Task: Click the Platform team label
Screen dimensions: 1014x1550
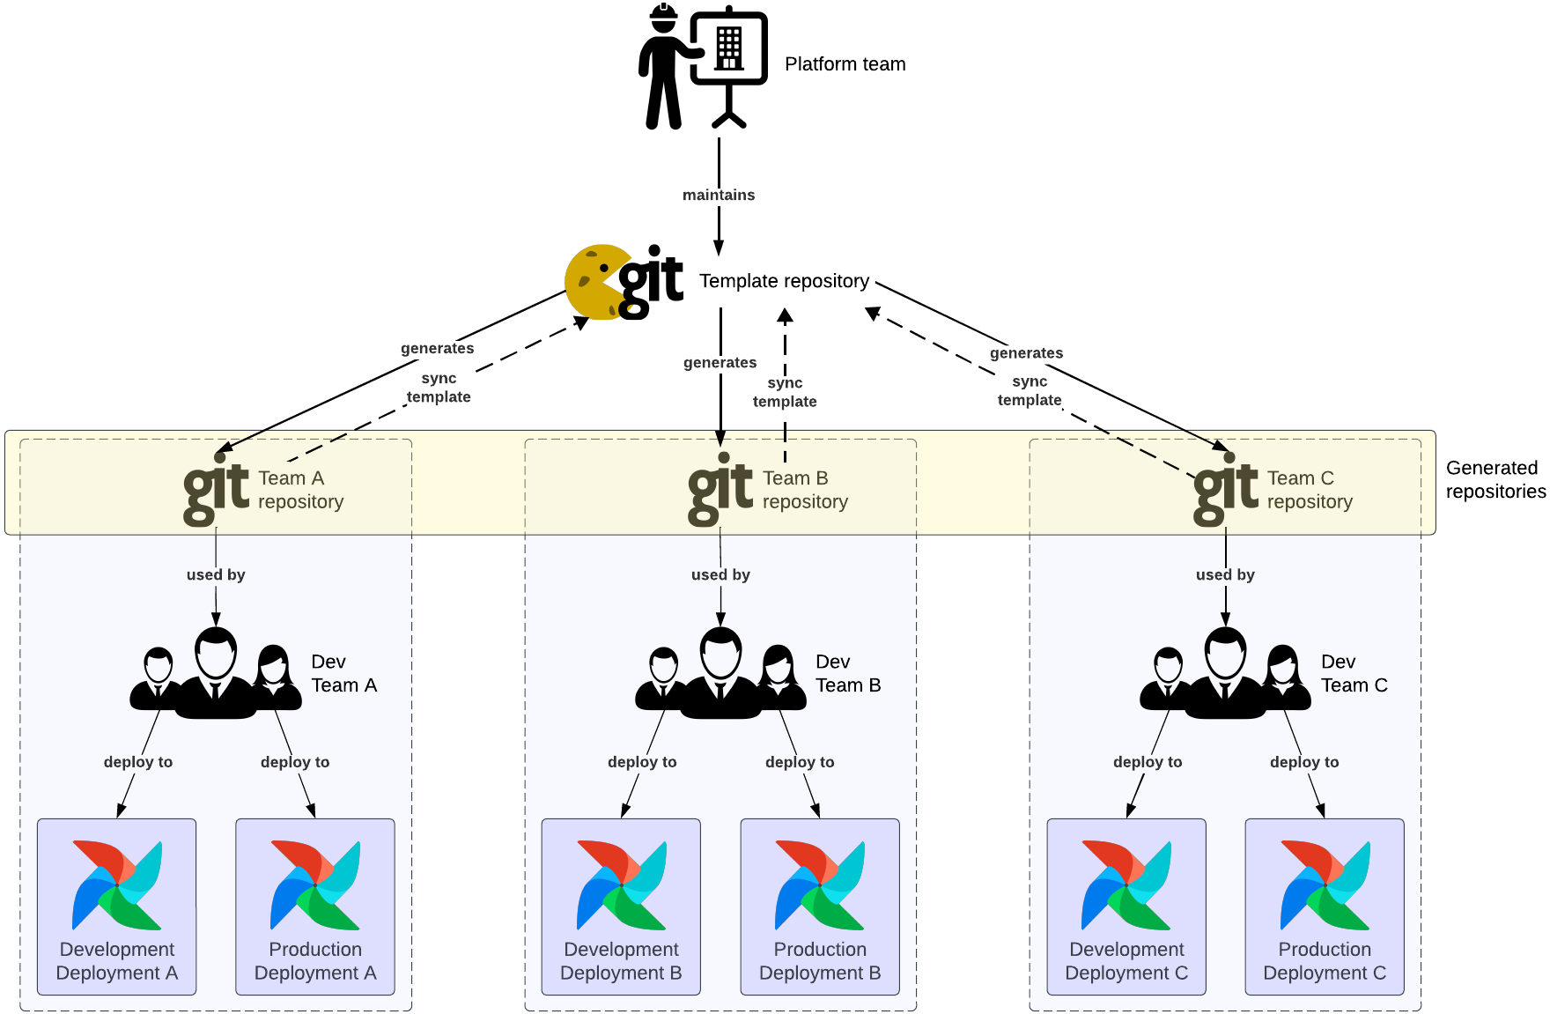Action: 845,64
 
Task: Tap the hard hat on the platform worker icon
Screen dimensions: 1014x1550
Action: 663,14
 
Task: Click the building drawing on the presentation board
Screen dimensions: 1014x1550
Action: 728,48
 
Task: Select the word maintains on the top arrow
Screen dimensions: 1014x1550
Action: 719,195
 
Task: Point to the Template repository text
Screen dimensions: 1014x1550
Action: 784,281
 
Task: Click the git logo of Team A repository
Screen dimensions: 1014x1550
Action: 216,487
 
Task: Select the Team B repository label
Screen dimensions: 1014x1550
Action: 804,490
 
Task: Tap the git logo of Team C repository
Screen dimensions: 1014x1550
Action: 1225,487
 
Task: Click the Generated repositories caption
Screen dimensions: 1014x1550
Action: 1495,479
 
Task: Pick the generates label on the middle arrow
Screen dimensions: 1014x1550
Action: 720,362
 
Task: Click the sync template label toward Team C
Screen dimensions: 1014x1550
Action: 1029,390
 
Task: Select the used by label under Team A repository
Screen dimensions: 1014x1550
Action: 216,574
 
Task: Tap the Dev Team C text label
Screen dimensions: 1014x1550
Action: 1354,673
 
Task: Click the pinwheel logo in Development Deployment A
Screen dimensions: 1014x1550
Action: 117,884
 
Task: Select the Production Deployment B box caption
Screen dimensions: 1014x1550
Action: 820,961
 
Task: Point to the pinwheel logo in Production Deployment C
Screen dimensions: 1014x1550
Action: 1325,884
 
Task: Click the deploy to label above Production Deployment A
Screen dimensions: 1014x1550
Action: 295,762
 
